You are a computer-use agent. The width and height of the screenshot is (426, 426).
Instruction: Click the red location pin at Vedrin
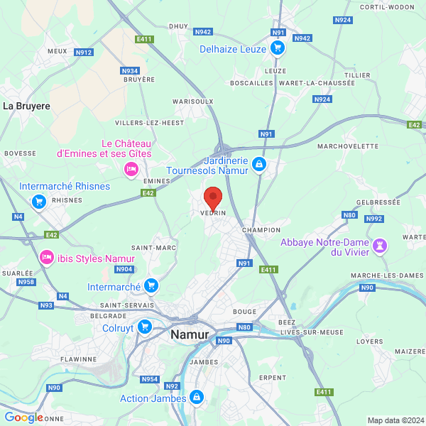coord(212,197)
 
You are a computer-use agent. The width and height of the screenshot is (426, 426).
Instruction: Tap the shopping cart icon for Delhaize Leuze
coord(278,48)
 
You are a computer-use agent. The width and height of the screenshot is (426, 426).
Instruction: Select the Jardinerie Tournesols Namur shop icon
coord(259,165)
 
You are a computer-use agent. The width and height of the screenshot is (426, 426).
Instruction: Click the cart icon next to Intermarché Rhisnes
coord(40,201)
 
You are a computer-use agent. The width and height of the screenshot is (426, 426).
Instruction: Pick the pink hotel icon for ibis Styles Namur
coord(46,257)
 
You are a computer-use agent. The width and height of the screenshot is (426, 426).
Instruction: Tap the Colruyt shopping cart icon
coord(145,327)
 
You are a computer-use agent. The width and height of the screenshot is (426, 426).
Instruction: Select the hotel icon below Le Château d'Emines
coord(131,168)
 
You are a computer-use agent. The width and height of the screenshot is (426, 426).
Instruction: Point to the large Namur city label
coord(190,334)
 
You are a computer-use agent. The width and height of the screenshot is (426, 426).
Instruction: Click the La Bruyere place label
coord(27,106)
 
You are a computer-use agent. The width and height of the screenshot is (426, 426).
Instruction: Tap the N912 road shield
coord(84,52)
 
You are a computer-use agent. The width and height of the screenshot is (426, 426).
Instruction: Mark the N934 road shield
coord(130,71)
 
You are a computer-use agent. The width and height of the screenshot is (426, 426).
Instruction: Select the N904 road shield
coord(124,269)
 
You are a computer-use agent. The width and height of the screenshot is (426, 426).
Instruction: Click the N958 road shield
coord(26,282)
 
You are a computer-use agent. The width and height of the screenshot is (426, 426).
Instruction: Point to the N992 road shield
coord(374,218)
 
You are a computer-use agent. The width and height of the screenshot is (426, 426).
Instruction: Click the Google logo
coord(23,417)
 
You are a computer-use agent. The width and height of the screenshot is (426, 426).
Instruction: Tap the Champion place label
coord(261,230)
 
